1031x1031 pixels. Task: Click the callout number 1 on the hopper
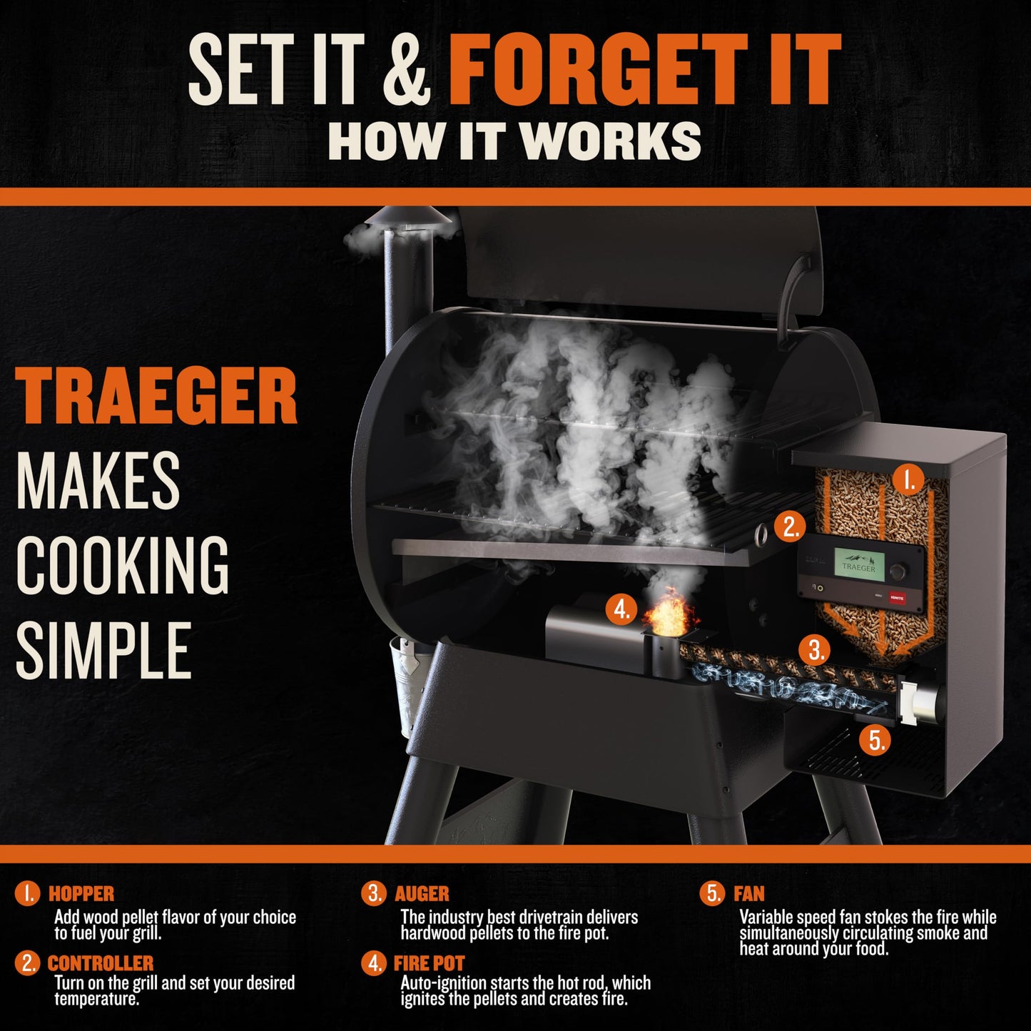(x=908, y=482)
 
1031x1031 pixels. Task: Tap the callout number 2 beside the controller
(x=790, y=527)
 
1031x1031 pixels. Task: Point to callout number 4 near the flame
(x=621, y=610)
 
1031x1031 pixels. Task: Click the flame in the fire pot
(x=669, y=613)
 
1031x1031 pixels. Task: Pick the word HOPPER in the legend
(x=81, y=893)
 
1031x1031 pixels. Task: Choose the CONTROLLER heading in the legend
(x=101, y=963)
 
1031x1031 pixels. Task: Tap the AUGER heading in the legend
(x=422, y=893)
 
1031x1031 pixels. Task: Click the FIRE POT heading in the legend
(x=429, y=963)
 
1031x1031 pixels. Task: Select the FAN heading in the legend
(x=748, y=893)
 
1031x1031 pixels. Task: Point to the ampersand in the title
(x=406, y=70)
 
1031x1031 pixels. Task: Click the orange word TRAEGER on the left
(x=156, y=397)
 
